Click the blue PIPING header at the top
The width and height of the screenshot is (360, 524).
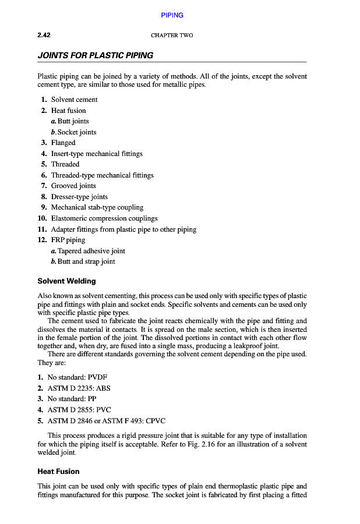pyautogui.click(x=172, y=15)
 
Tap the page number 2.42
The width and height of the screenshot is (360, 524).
pyautogui.click(x=44, y=36)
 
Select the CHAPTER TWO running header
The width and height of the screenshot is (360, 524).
pyautogui.click(x=172, y=36)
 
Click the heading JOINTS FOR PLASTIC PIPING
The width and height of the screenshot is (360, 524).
pyautogui.click(x=95, y=56)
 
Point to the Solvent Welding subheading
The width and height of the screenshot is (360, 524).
pyautogui.click(x=66, y=281)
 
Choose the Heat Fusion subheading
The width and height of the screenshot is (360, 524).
pyautogui.click(x=58, y=471)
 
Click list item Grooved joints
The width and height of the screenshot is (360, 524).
pyautogui.click(x=73, y=186)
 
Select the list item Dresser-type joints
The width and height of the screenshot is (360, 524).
pyautogui.click(x=79, y=197)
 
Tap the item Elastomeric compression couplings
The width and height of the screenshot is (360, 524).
pyautogui.click(x=104, y=218)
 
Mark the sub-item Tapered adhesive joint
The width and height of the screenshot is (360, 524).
pyautogui.click(x=91, y=251)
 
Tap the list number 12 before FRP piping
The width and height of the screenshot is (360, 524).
pyautogui.click(x=41, y=240)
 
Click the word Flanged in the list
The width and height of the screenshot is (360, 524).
pyautogui.click(x=63, y=143)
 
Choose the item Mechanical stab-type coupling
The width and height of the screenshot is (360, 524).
pyautogui.click(x=97, y=207)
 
